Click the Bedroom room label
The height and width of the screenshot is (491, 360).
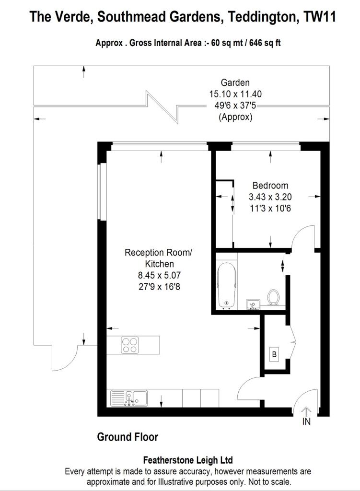[x=270, y=186]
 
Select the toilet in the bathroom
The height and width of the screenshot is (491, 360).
[x=274, y=297]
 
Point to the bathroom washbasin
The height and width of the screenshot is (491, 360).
[x=252, y=304]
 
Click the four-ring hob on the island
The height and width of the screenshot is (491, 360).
[x=129, y=345]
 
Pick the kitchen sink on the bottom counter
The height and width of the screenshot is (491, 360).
[x=129, y=397]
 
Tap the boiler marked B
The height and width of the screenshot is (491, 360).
[x=275, y=355]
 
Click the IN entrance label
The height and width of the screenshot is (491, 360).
[x=306, y=422]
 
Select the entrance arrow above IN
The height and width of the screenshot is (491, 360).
[x=306, y=411]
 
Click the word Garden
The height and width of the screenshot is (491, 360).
[x=235, y=82]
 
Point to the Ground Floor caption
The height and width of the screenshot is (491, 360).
[x=128, y=437]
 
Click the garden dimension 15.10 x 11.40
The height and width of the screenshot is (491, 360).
[x=235, y=94]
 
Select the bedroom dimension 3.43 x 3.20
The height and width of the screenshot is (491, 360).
[x=270, y=197]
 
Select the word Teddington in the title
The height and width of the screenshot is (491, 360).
[x=264, y=17]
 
